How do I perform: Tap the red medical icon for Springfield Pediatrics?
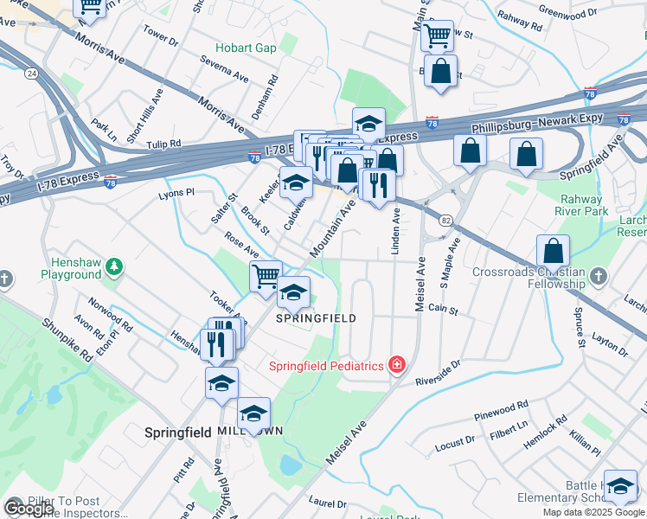coord(396,366)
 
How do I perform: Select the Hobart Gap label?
coord(247,48)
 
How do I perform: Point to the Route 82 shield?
coord(445,221)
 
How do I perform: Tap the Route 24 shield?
coord(31,74)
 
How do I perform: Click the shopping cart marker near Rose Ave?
coord(266,277)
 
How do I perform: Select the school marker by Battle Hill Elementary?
coord(620,486)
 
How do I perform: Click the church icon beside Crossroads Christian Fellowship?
coord(598,279)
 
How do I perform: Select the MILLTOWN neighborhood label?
coord(251,431)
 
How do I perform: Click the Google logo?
coord(29,509)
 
